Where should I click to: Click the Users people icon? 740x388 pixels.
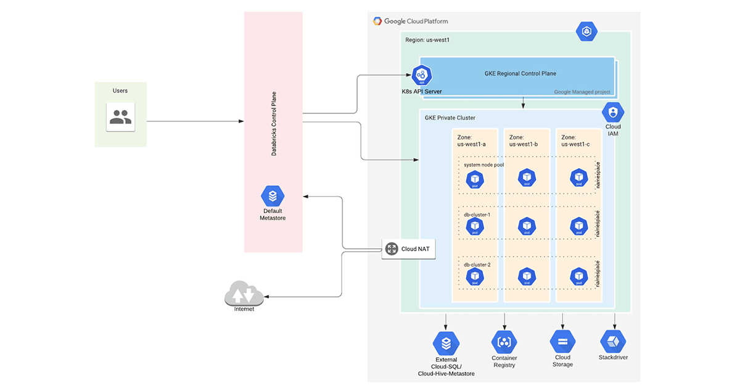click(120, 116)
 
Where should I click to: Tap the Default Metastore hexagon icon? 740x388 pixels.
click(272, 196)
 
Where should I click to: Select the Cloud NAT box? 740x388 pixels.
click(408, 249)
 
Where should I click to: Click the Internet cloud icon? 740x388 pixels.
click(244, 294)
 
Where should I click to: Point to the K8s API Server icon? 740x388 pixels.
click(422, 75)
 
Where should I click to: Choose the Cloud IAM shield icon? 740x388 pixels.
click(613, 112)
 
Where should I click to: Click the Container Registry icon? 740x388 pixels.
click(504, 342)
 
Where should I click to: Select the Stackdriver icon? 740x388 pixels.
click(613, 341)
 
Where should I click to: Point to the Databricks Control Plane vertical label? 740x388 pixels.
click(274, 124)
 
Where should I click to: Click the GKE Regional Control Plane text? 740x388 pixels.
click(520, 73)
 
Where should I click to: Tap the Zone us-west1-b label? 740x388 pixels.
click(524, 141)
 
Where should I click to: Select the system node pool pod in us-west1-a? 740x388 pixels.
click(475, 178)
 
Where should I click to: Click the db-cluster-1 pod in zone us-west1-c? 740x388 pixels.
click(578, 227)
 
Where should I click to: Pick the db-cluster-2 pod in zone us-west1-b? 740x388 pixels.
click(527, 276)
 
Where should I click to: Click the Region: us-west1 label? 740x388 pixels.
click(427, 40)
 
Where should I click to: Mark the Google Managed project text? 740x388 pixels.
click(582, 92)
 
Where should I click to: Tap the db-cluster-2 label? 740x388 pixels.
click(477, 265)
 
